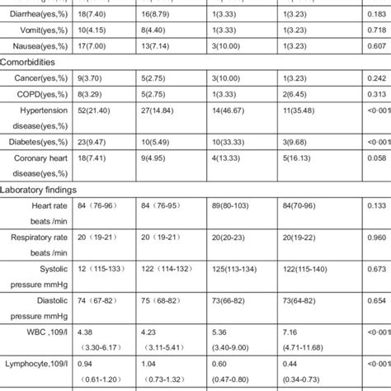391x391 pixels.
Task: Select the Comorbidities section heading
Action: tap(33, 61)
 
